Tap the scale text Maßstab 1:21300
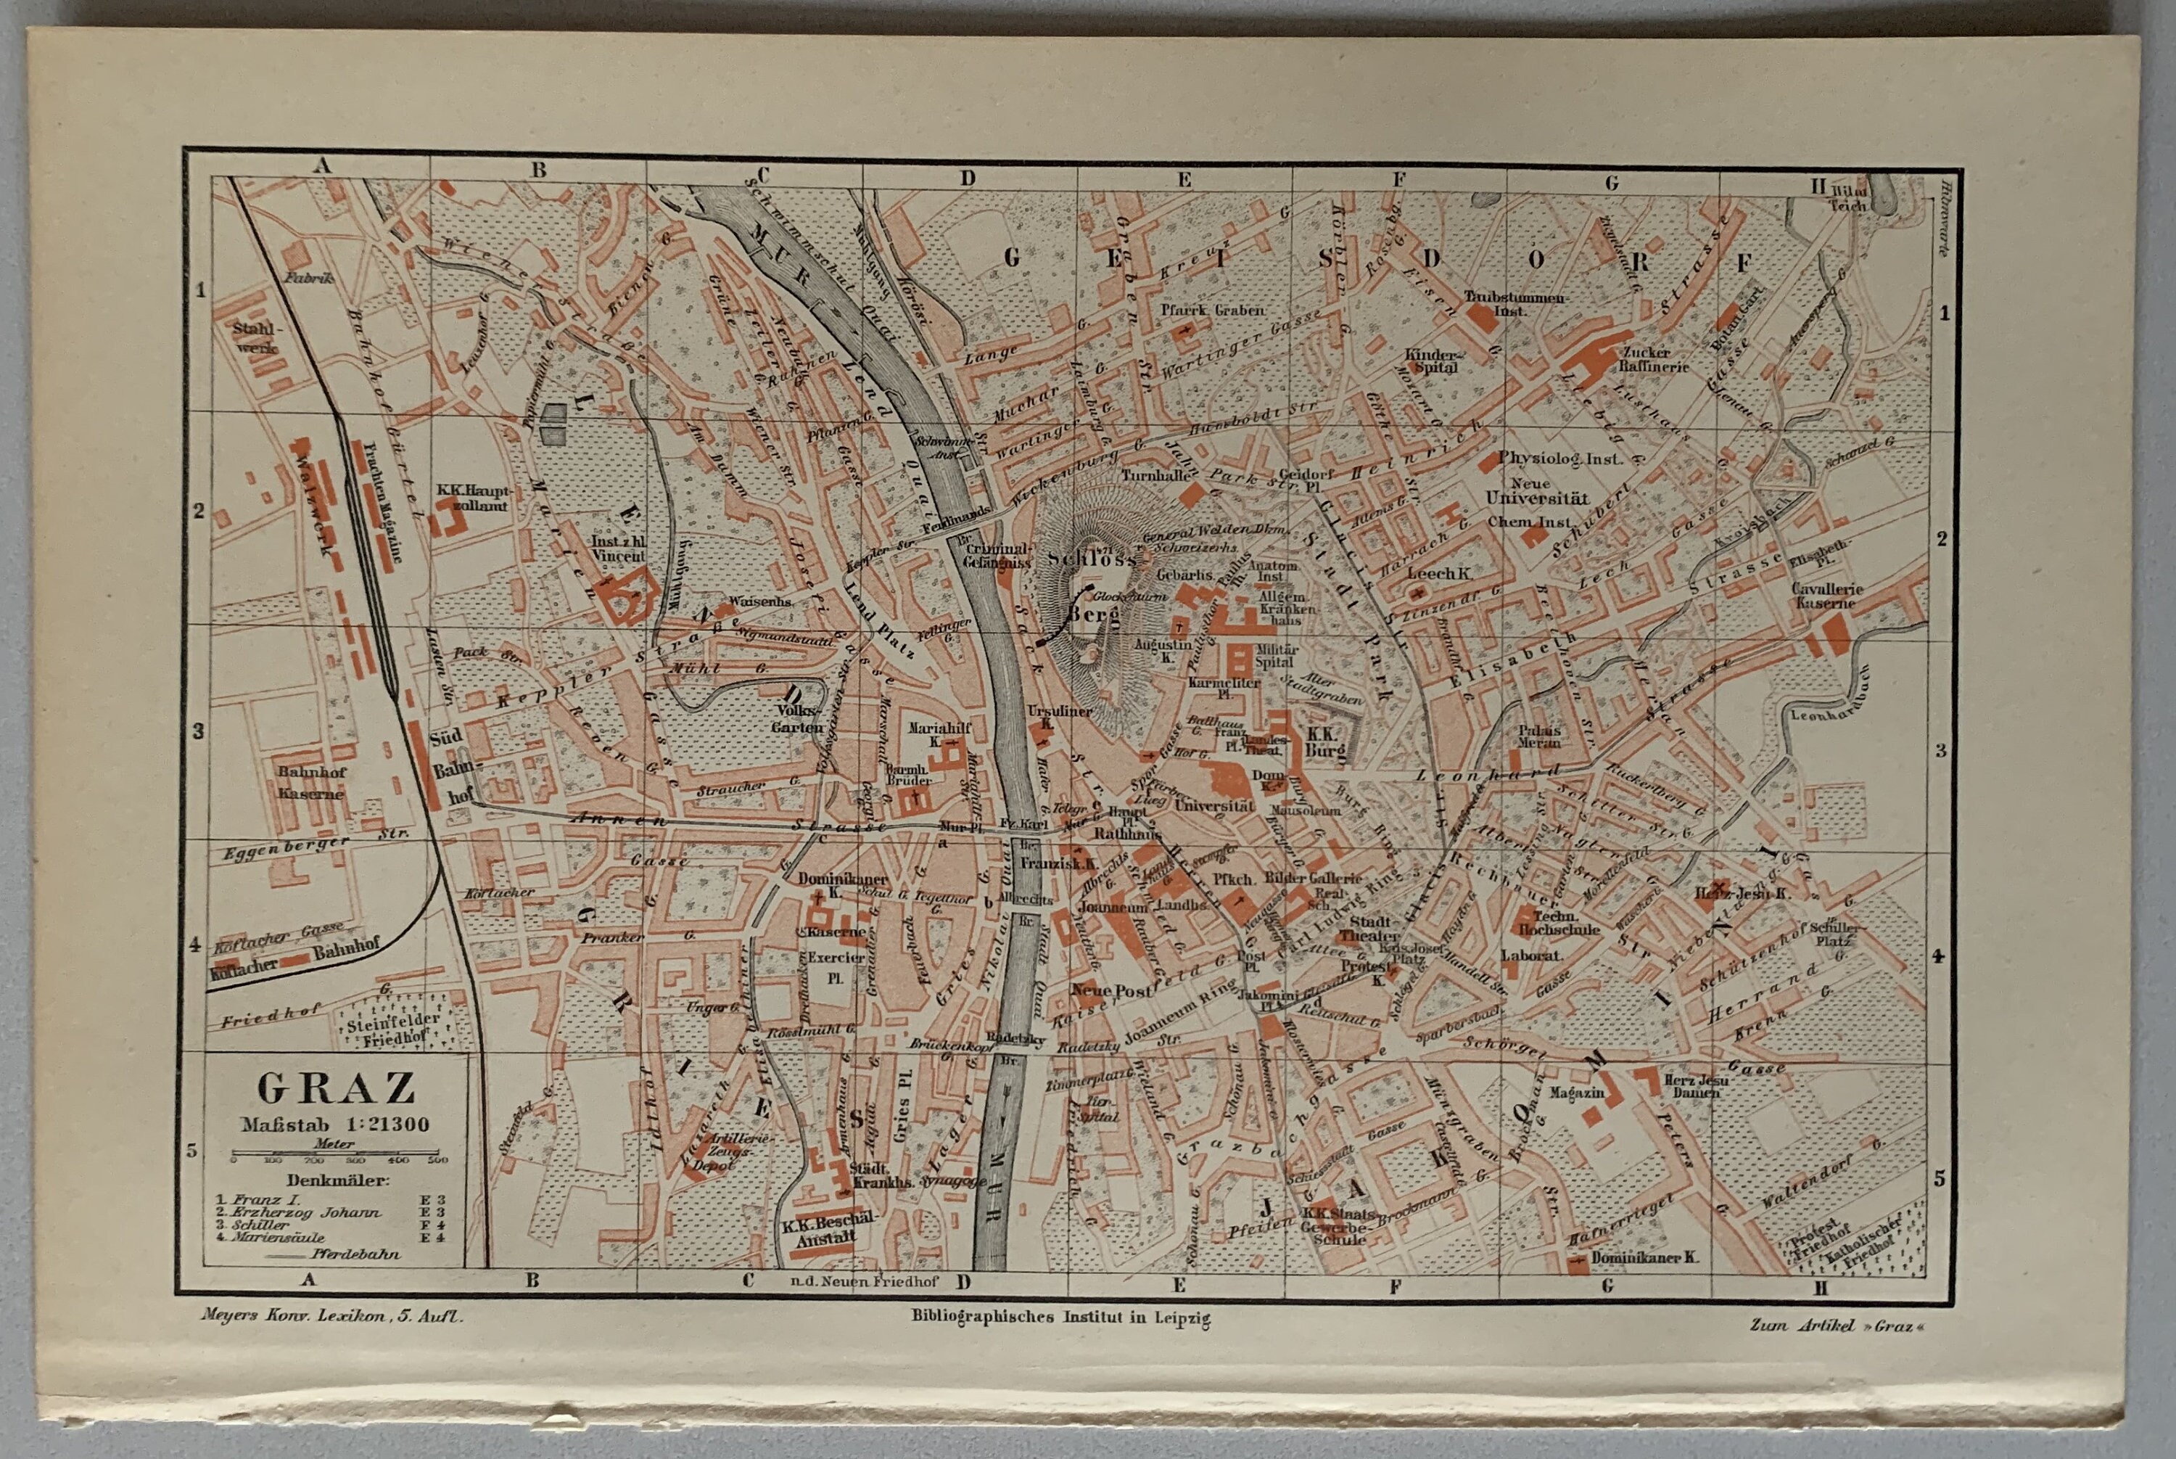[336, 1124]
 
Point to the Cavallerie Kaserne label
[1827, 596]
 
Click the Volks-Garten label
[797, 719]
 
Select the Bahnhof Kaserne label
[312, 783]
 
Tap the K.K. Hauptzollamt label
[473, 498]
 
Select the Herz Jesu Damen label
[1696, 1087]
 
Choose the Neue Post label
[1110, 991]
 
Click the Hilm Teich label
[1847, 198]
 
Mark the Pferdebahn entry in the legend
[355, 1254]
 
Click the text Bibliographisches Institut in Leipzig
[1060, 1317]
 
